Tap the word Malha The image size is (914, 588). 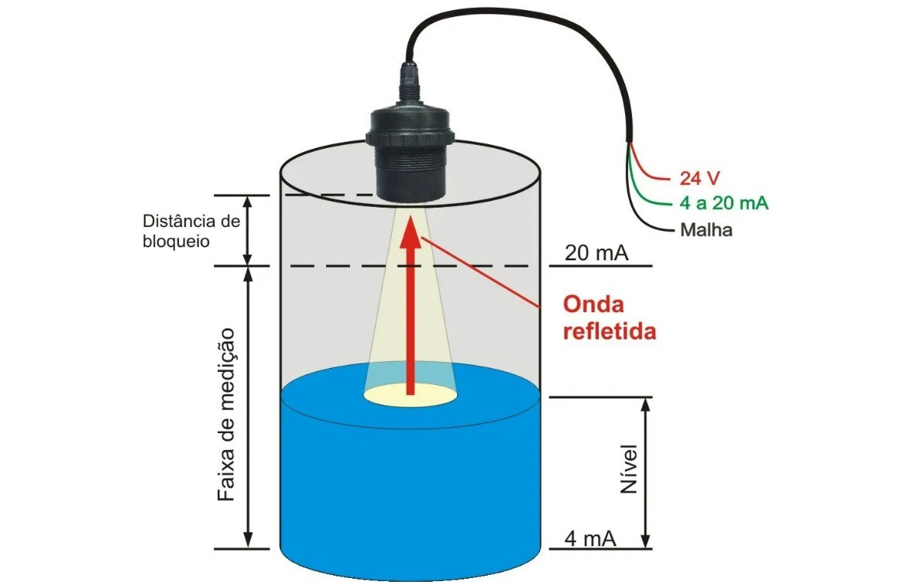coord(706,230)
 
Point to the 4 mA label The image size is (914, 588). coord(590,538)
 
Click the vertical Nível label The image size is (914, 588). coord(629,469)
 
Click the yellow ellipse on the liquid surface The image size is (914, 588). coord(410,395)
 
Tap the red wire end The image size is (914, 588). coord(662,177)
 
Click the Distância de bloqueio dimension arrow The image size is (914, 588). coord(248,231)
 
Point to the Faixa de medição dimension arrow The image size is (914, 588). coord(248,407)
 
